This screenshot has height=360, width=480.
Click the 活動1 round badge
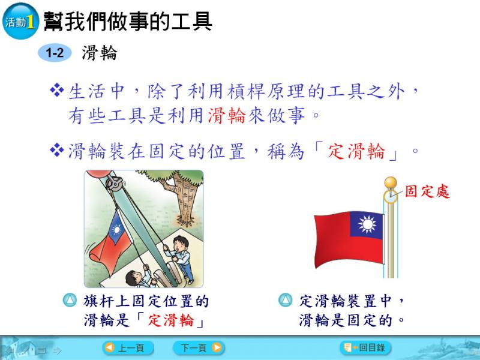click(20, 21)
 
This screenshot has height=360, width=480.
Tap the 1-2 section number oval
click(55, 53)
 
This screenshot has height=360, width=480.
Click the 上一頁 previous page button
click(128, 348)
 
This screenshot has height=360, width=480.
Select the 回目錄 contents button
click(365, 348)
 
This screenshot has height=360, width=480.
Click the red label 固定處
click(427, 191)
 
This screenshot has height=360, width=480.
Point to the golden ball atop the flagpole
click(391, 183)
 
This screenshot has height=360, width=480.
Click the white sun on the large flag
click(367, 224)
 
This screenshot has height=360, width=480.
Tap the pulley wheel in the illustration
click(114, 184)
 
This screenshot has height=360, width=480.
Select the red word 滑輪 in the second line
click(227, 116)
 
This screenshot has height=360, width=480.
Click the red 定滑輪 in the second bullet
click(356, 151)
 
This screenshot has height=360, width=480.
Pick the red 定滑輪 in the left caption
click(171, 320)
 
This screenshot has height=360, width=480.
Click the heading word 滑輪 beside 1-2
click(100, 53)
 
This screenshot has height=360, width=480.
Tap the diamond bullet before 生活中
click(57, 91)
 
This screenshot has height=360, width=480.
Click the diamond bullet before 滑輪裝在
click(57, 150)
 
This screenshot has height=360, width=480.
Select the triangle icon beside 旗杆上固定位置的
click(70, 301)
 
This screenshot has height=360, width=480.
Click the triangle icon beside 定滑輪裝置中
click(286, 301)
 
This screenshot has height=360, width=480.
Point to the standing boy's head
click(181, 244)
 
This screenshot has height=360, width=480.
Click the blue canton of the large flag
click(367, 224)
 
